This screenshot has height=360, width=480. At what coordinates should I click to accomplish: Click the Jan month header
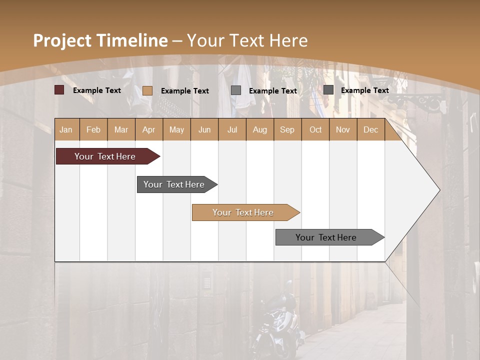tap(66, 129)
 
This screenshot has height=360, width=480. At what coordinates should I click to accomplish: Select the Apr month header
tap(148, 129)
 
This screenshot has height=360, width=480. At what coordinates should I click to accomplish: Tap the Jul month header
tap(232, 129)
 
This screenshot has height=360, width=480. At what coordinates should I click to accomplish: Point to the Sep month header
tap(287, 129)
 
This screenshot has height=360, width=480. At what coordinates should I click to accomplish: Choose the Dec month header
tap(370, 129)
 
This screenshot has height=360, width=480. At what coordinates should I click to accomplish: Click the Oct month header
tap(315, 129)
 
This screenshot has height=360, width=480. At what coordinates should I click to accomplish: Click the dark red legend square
tap(59, 90)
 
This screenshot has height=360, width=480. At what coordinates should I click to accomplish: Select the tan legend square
tap(147, 90)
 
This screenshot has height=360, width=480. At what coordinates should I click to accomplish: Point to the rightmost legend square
tap(328, 90)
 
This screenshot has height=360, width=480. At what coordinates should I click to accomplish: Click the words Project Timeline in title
tap(100, 40)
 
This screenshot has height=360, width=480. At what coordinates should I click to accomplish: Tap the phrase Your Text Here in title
tap(247, 40)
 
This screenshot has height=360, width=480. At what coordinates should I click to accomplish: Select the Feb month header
tap(93, 129)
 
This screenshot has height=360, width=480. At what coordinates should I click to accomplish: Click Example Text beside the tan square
tap(185, 91)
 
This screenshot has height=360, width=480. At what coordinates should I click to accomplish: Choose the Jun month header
tap(204, 129)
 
